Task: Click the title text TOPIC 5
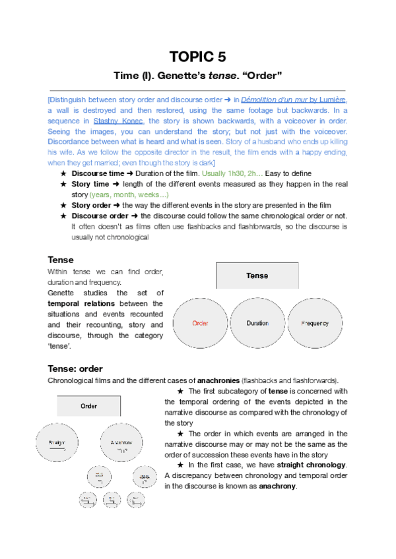click(197, 57)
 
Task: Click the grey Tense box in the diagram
click(257, 276)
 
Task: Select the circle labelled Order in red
click(200, 323)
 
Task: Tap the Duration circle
click(257, 323)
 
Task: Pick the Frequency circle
click(315, 323)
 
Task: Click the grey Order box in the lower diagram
click(89, 406)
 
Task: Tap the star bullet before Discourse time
click(63, 173)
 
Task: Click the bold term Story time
click(90, 184)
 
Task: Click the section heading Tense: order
click(75, 368)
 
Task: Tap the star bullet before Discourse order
click(63, 216)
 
